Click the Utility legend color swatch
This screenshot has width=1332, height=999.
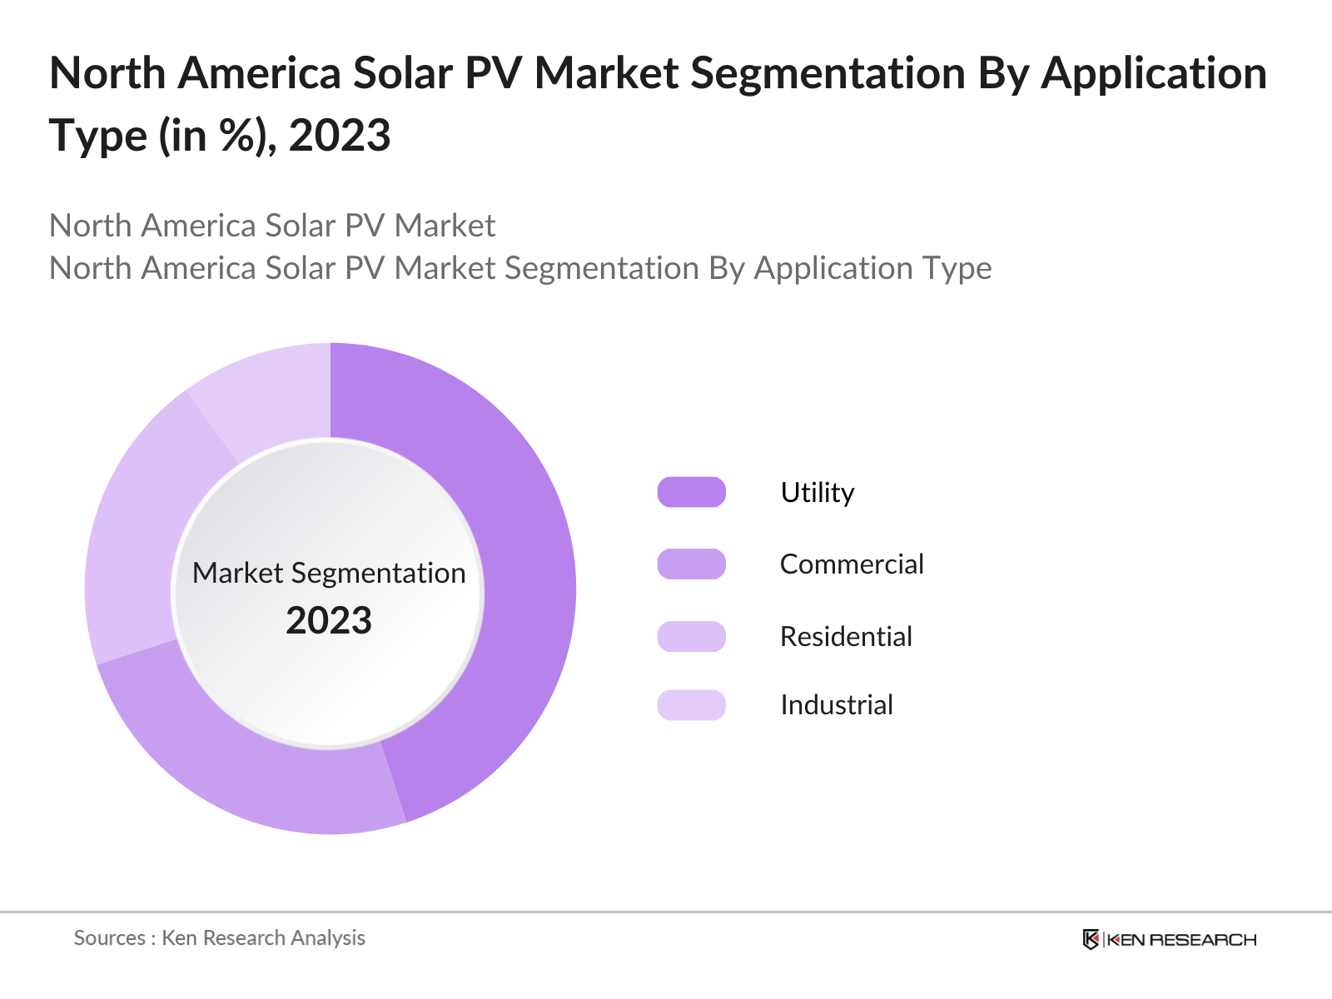(x=691, y=492)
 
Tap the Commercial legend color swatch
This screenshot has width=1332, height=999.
(x=691, y=564)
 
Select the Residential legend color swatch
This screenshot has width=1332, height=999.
(x=691, y=636)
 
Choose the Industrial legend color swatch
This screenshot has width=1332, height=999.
(x=691, y=705)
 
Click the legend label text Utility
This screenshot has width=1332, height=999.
(x=817, y=492)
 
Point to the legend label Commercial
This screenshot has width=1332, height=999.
(x=851, y=564)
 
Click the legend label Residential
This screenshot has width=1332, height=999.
(x=846, y=636)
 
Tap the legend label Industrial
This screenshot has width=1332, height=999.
(x=836, y=705)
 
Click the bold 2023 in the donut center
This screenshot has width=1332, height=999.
(x=329, y=620)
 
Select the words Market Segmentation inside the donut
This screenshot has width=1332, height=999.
(x=329, y=573)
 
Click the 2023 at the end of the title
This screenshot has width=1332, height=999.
(x=340, y=135)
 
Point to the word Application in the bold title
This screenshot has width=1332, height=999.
(x=1154, y=73)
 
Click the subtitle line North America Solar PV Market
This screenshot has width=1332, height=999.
(x=272, y=226)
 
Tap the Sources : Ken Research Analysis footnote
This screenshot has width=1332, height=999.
(x=219, y=938)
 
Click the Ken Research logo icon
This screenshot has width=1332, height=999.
(x=1091, y=939)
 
